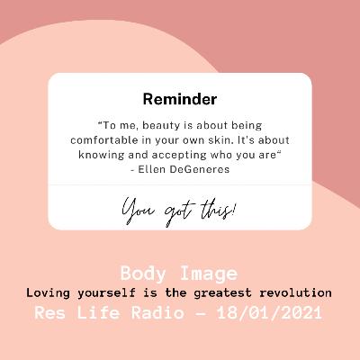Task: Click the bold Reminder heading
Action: tap(180, 96)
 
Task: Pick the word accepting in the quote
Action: tap(179, 154)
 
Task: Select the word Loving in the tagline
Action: tap(49, 292)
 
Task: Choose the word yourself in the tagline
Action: tap(111, 292)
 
